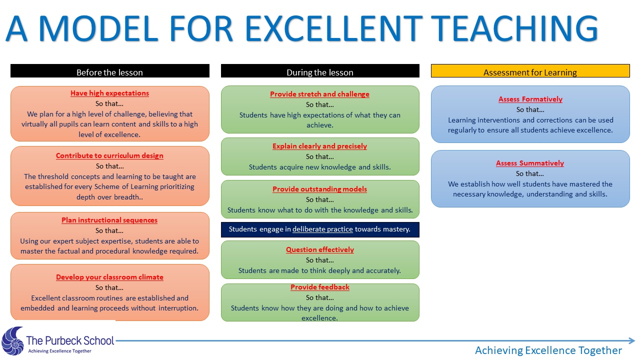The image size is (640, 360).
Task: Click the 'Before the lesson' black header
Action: pos(109,71)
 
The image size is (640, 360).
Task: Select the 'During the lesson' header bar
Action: pos(320,71)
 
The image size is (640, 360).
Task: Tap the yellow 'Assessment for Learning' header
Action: pos(530,71)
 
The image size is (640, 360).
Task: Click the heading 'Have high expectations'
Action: pos(109,93)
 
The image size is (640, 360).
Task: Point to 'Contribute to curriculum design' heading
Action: pos(109,155)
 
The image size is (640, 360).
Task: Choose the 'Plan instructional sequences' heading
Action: pos(109,220)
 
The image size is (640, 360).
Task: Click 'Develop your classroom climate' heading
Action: pos(109,277)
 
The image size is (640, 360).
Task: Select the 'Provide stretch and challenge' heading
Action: pos(319,94)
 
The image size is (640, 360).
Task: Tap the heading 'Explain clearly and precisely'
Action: pos(319,146)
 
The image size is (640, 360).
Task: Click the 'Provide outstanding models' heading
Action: pos(319,189)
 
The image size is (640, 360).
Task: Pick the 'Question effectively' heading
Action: pos(320,249)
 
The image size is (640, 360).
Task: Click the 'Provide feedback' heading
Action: pos(320,287)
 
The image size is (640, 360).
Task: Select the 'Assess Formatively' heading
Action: pos(530,99)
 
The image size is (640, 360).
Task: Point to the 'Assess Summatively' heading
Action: pos(530,163)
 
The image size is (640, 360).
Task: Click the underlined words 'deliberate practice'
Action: pos(322,229)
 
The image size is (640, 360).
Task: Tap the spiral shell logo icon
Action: pos(12,341)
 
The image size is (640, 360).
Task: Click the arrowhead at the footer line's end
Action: pos(631,340)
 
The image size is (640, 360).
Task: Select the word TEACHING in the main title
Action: pos(514,28)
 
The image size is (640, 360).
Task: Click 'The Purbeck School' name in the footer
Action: pos(70,340)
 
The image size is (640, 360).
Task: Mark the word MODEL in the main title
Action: pos(98,28)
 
